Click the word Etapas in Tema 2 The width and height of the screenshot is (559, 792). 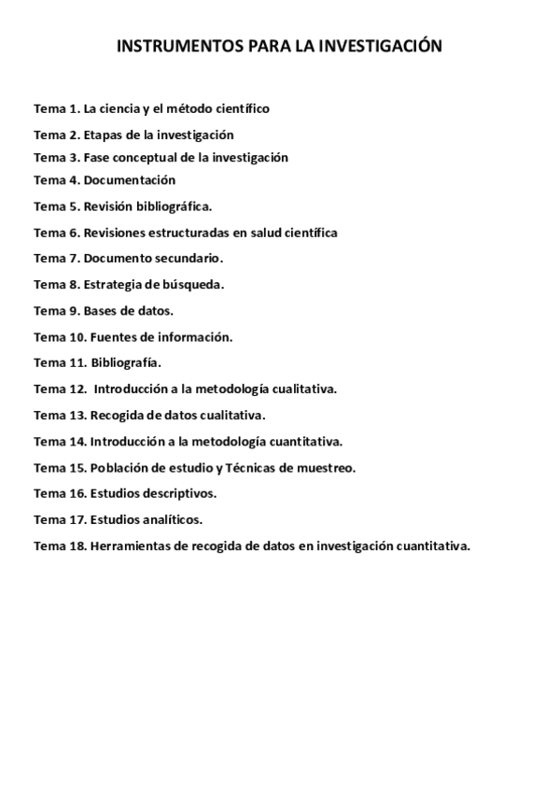[103, 134]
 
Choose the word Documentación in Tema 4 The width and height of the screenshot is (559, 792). [129, 180]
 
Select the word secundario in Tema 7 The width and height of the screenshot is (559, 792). [190, 258]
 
